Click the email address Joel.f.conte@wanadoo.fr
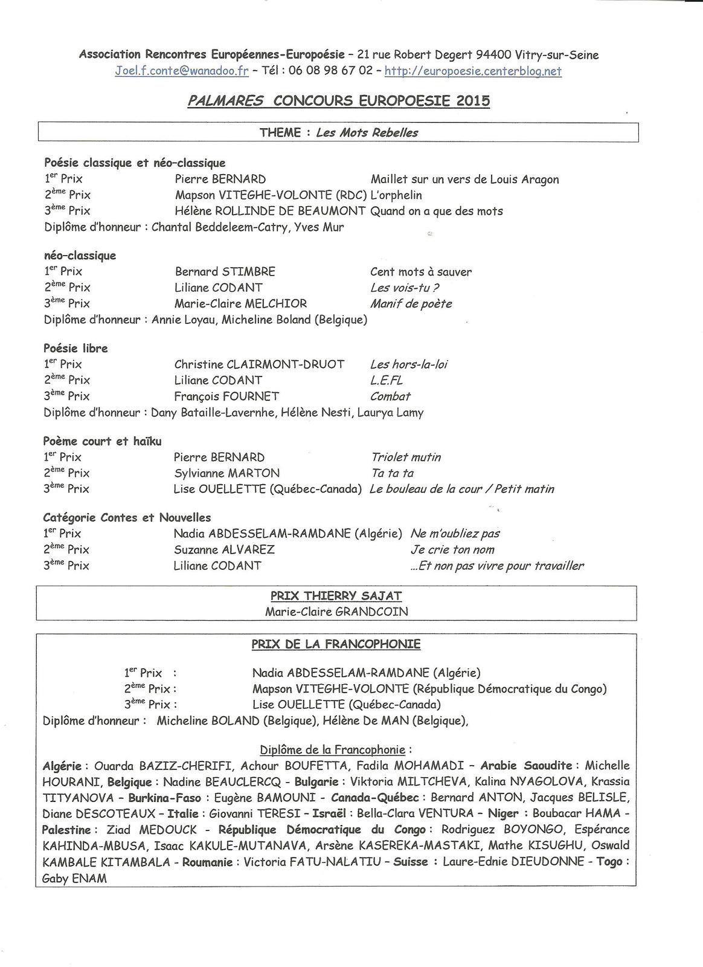(182, 71)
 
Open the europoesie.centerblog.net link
(473, 71)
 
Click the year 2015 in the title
(473, 100)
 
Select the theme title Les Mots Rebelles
(367, 132)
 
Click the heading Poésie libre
(75, 348)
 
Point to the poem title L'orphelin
(396, 195)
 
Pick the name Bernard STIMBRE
(225, 272)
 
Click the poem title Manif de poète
(411, 303)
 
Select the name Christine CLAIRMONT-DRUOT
(259, 364)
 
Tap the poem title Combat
(390, 396)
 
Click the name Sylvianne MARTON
(226, 473)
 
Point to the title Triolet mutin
(406, 457)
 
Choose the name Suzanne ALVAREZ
(224, 549)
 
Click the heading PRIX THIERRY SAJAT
(336, 596)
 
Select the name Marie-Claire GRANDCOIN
(336, 612)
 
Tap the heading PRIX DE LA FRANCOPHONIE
(336, 644)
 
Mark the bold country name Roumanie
(207, 862)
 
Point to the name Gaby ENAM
(74, 879)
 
